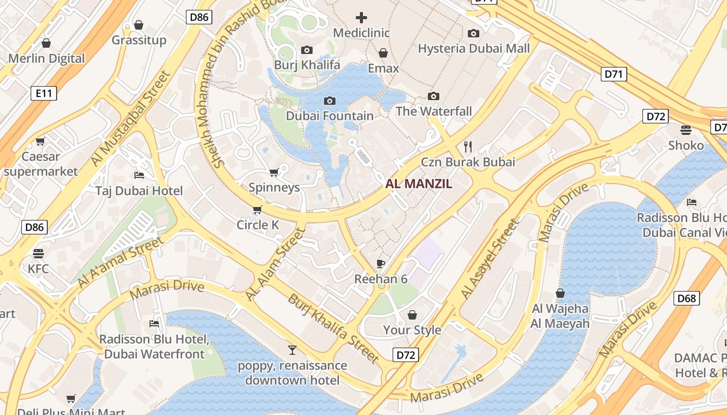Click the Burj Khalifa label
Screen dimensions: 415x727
[307, 65]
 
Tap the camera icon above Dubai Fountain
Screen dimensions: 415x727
[329, 101]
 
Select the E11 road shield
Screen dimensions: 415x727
[44, 93]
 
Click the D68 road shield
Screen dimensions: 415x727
[686, 298]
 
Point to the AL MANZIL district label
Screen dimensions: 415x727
[419, 184]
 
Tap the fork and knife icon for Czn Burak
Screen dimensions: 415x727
[468, 146]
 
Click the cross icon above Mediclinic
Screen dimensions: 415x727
[361, 18]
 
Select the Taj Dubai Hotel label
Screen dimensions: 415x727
[139, 191]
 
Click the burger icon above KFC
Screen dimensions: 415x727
[38, 254]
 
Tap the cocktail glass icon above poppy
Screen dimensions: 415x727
[292, 350]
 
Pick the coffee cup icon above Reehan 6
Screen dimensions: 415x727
[381, 264]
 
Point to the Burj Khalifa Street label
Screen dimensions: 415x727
[333, 328]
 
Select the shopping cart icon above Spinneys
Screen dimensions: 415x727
[274, 172]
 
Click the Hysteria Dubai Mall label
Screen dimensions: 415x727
[474, 49]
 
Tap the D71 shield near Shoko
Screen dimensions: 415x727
[613, 74]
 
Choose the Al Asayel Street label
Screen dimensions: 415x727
[490, 259]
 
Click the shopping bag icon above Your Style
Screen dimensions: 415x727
[412, 315]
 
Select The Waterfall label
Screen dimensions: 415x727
[434, 112]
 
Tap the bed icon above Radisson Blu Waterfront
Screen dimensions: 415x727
[154, 324]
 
